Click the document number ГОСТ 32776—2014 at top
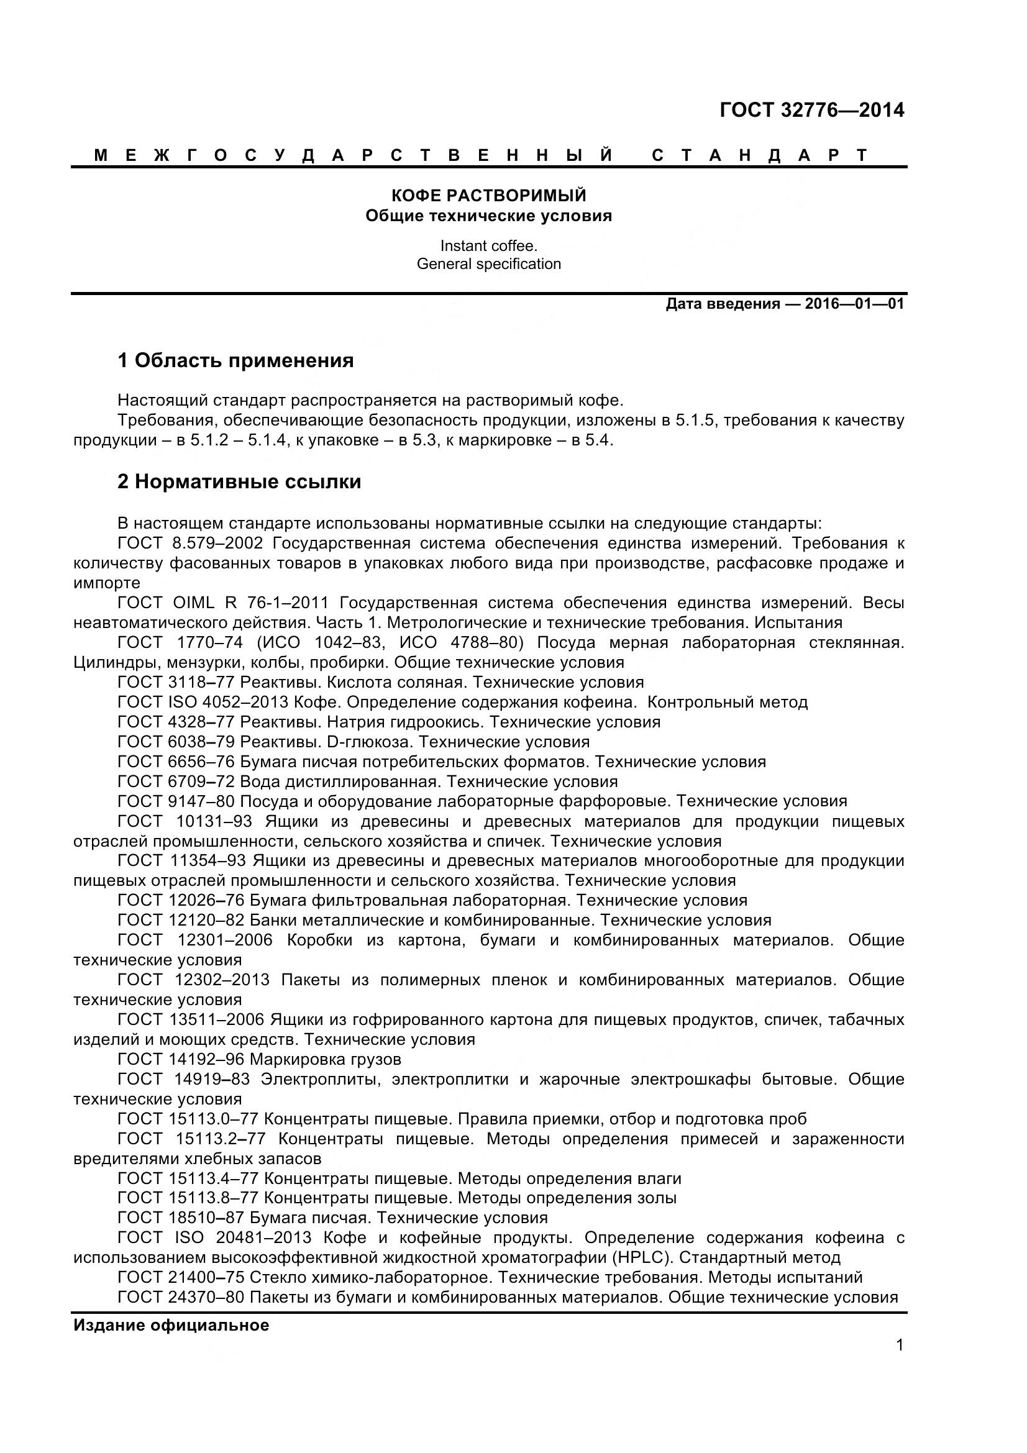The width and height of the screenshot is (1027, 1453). point(812,110)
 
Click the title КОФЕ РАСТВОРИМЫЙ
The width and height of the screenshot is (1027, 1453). point(488,195)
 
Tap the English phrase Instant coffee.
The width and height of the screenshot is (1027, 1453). point(488,245)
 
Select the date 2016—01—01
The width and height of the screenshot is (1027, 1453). point(854,304)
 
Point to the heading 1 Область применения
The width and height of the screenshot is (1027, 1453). point(235,361)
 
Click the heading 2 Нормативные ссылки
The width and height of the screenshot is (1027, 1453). point(239,481)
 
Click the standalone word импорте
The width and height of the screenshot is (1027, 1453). point(107,582)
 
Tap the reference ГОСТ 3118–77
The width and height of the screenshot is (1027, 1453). point(176,682)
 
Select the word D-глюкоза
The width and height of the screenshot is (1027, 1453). point(370,742)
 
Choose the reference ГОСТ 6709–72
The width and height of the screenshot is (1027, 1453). point(176,781)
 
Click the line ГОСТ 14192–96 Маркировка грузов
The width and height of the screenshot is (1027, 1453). point(260,1059)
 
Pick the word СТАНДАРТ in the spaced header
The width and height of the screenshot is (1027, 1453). point(759,156)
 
